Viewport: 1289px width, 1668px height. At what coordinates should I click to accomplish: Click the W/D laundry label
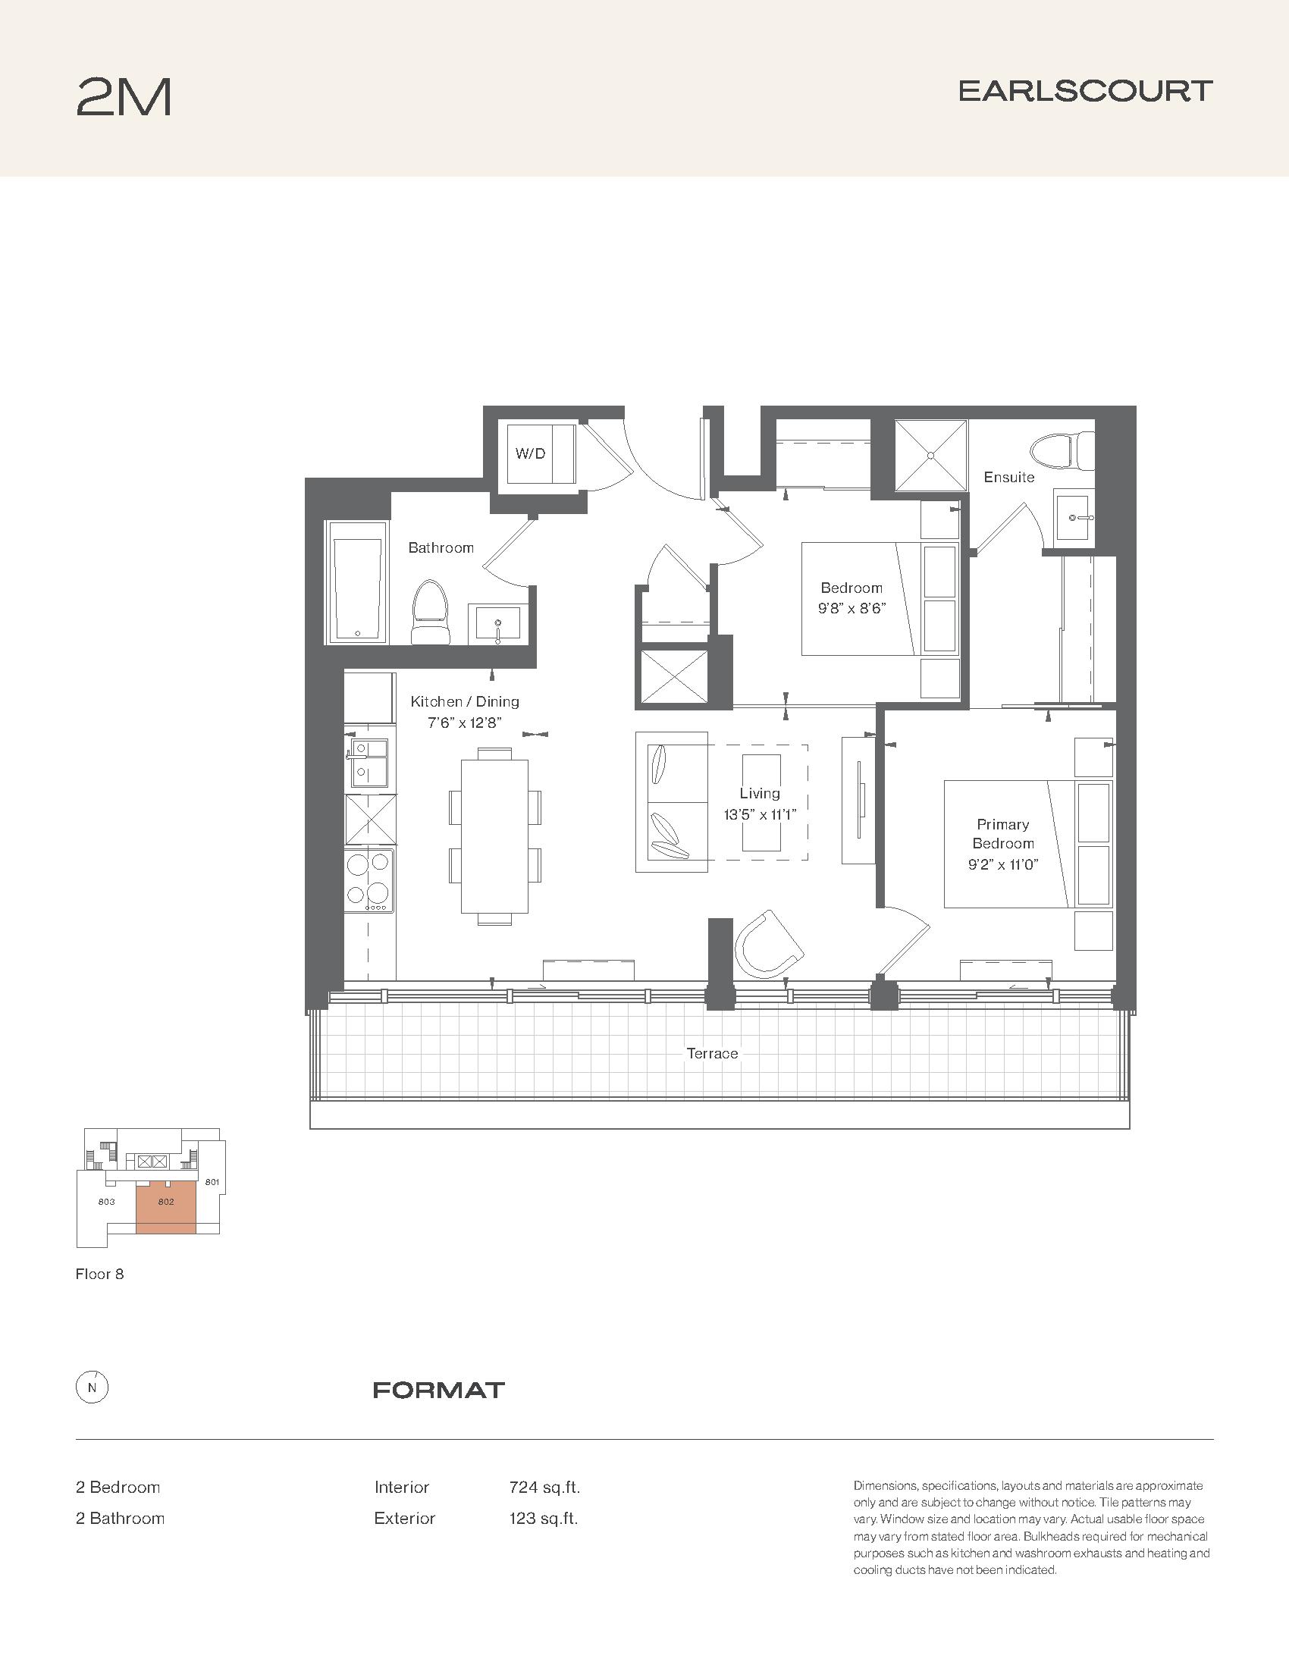pos(530,453)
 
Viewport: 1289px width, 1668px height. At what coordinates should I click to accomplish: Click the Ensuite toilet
pos(1062,452)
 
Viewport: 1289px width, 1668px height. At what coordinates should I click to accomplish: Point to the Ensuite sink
pos(1074,517)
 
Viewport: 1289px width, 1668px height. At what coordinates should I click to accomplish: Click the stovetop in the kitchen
pos(370,880)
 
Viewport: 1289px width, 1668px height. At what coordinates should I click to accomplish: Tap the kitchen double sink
pos(370,763)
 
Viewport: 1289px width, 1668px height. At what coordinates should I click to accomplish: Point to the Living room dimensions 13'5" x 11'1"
pos(760,814)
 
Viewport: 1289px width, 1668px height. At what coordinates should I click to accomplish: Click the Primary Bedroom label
pos(1002,834)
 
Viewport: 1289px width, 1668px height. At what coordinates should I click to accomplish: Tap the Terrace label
pos(713,1053)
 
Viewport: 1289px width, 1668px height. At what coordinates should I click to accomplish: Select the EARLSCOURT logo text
pos(1085,92)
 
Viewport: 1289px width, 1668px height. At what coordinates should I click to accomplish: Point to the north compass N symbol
pos(93,1388)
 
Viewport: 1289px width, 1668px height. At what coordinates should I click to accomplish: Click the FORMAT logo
pos(439,1390)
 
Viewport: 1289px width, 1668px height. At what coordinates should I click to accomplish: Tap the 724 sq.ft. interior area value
pos(544,1487)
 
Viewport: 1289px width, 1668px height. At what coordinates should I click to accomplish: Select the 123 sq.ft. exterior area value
pos(544,1519)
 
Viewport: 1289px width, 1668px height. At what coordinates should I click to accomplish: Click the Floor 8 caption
pos(99,1274)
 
